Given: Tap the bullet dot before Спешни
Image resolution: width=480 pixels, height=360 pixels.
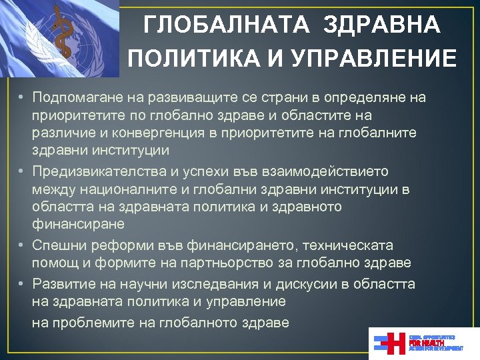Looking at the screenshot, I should pos(22,245).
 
